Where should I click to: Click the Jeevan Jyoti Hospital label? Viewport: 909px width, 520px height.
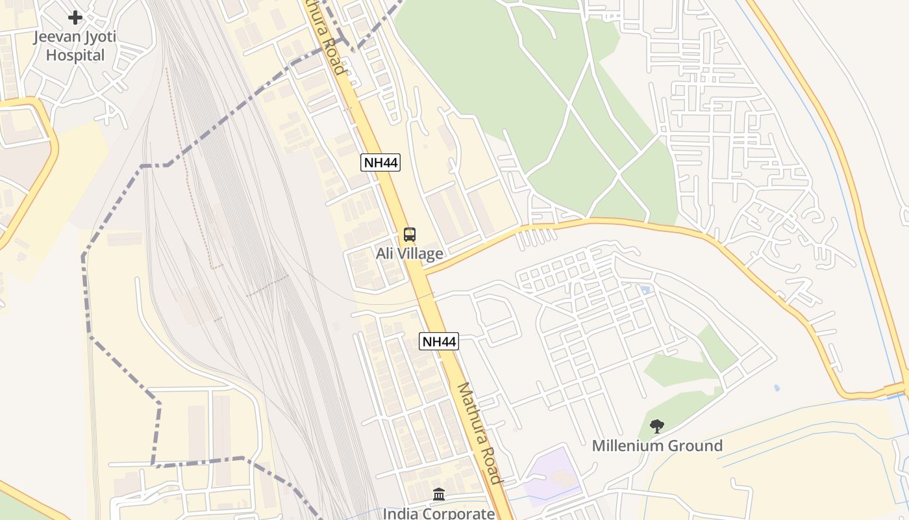click(75, 45)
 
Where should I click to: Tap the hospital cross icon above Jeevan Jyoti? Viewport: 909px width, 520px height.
click(75, 18)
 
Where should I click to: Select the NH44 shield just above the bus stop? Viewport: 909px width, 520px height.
click(380, 162)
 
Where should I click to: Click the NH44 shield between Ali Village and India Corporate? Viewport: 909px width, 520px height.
click(439, 341)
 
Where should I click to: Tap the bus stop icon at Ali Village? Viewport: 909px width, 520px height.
click(409, 235)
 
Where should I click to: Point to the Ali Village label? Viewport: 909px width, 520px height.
click(409, 253)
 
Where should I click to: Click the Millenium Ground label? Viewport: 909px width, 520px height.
click(657, 446)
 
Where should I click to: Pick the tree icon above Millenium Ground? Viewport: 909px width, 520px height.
click(657, 426)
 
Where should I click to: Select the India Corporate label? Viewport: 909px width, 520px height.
click(439, 513)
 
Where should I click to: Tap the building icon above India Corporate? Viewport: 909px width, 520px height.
click(439, 495)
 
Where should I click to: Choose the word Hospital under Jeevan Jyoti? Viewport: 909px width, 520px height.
click(75, 55)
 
